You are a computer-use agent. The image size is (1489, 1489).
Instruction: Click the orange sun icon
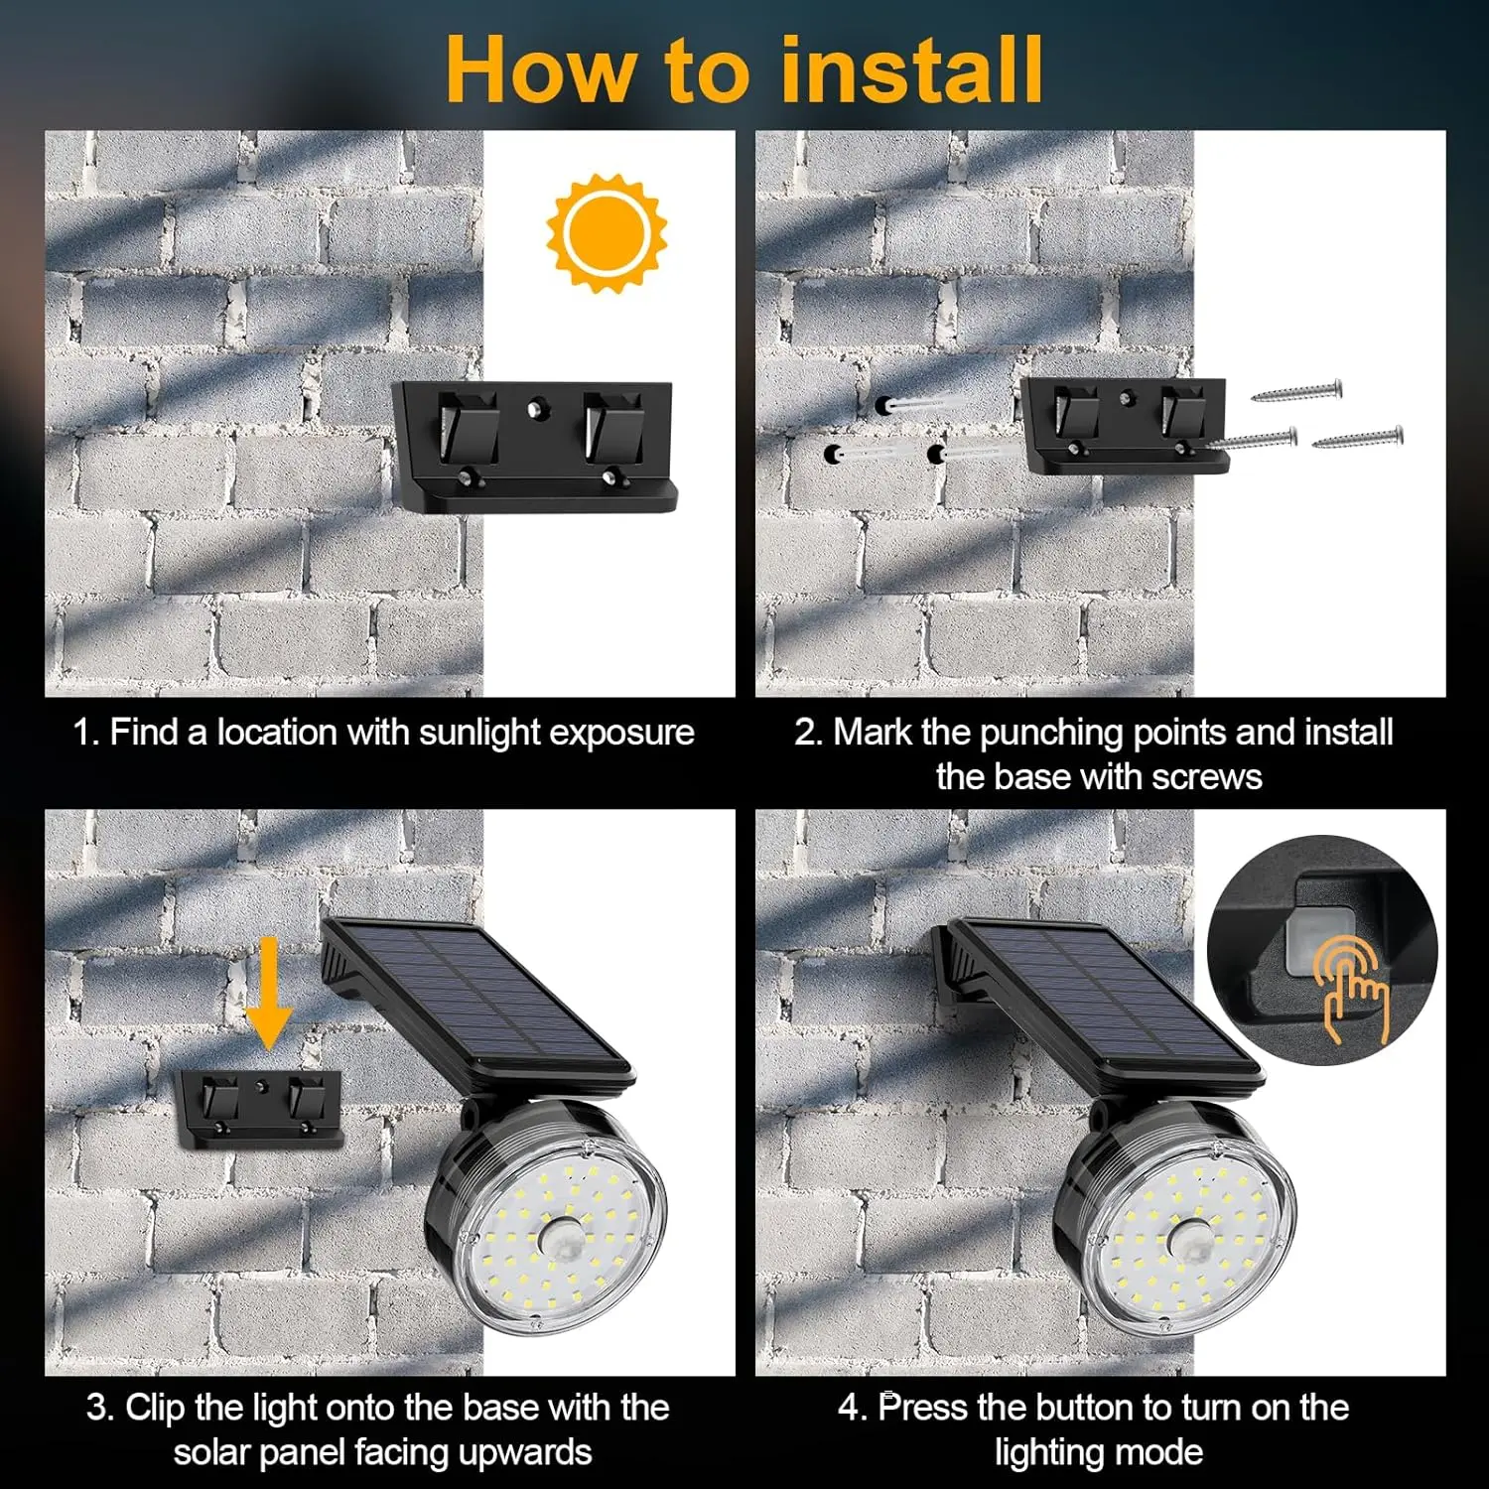point(607,233)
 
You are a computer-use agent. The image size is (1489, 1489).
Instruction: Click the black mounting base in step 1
point(534,446)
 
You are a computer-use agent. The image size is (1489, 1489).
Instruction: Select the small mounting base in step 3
point(259,1108)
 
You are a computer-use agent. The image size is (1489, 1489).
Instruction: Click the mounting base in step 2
point(1126,425)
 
